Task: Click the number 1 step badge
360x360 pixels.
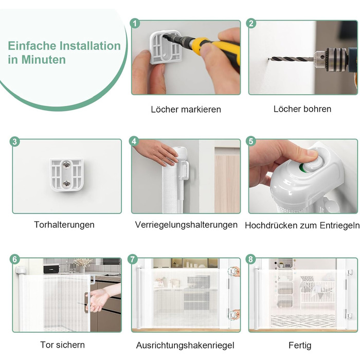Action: [135, 24]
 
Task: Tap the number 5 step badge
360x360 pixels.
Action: [251, 141]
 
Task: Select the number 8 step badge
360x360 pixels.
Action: [250, 259]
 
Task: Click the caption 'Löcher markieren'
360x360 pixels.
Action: [186, 109]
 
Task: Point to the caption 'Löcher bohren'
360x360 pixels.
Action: [302, 109]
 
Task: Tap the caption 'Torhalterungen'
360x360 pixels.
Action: [64, 225]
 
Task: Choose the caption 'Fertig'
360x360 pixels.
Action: [300, 345]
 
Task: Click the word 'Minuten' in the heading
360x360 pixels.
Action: [44, 60]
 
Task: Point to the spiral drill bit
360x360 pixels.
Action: [292, 59]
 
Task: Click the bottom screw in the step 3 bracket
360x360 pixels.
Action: [67, 184]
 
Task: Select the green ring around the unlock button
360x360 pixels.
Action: [302, 168]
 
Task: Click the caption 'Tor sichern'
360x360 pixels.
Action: [62, 345]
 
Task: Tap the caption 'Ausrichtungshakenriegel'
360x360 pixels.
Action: [185, 345]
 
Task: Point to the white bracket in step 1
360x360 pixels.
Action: [165, 47]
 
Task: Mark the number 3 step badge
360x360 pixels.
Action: [15, 141]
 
